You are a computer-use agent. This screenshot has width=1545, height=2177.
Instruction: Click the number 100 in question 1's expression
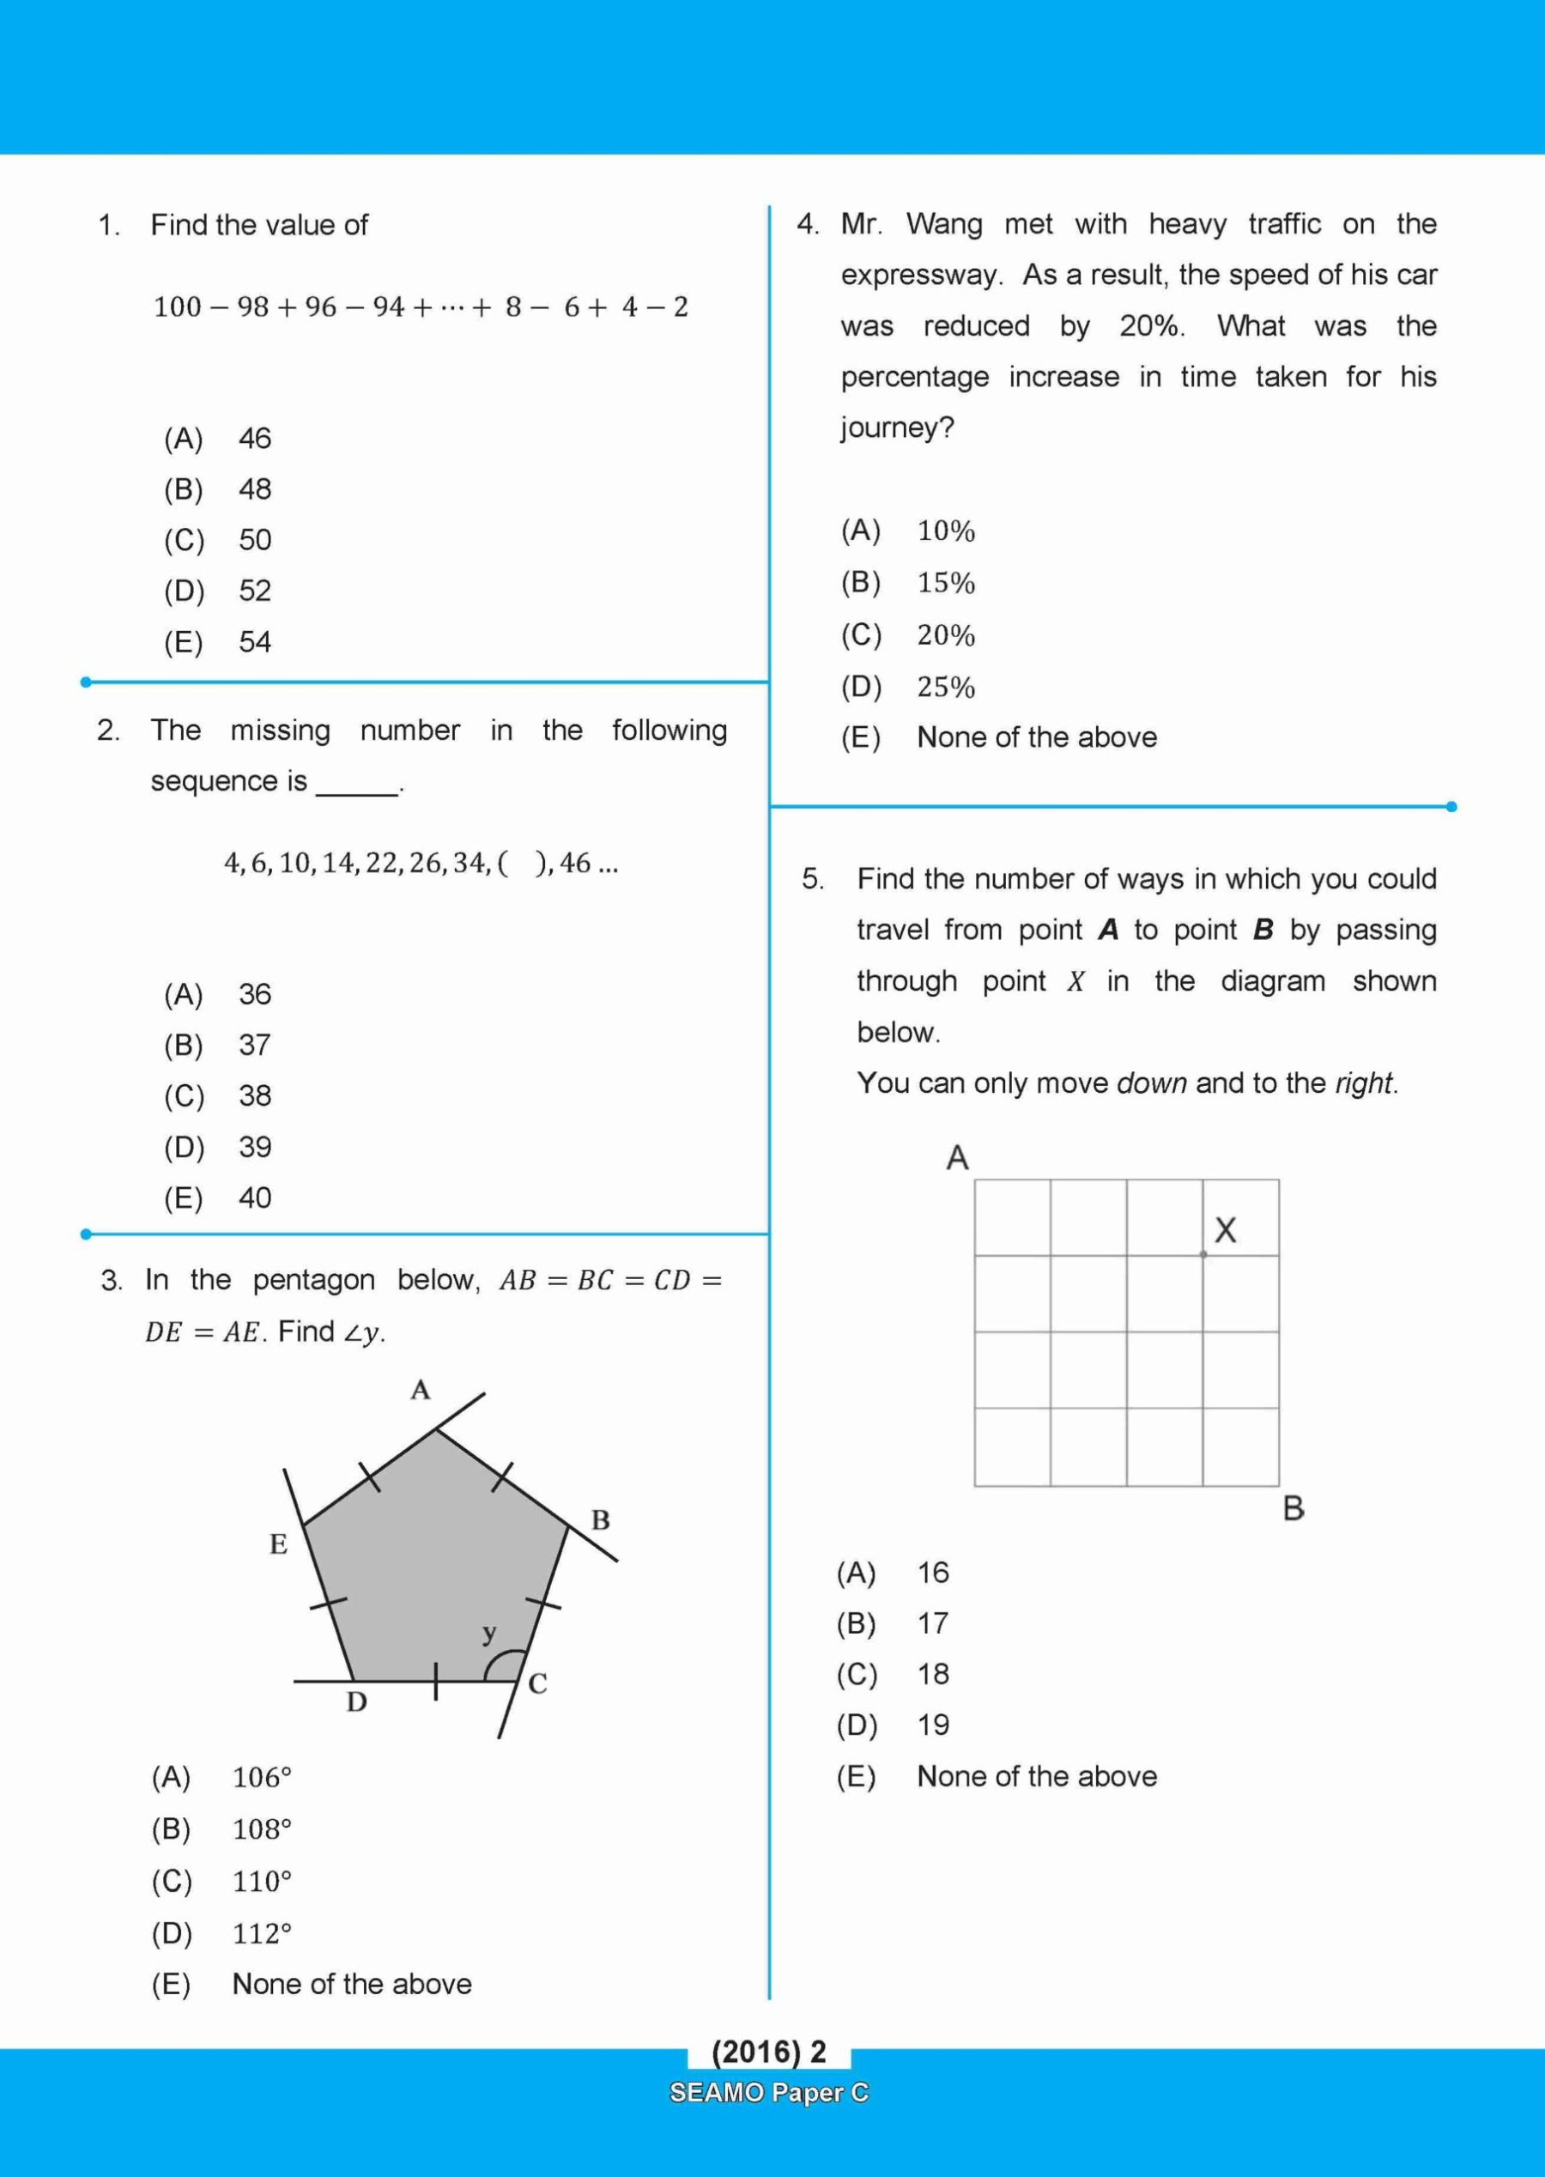[177, 307]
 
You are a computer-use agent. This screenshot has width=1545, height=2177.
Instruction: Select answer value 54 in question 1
[255, 642]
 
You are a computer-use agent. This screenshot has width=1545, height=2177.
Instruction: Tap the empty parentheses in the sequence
[521, 863]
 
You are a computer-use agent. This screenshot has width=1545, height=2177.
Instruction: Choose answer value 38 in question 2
[255, 1096]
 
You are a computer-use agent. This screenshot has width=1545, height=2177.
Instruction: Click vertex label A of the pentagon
[421, 1390]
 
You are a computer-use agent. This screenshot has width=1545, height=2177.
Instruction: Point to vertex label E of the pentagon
[278, 1543]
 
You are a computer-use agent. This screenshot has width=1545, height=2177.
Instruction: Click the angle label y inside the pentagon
[489, 1633]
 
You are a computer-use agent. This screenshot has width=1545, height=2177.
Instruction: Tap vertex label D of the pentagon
[357, 1701]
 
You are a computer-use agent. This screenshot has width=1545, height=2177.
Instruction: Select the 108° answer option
[262, 1828]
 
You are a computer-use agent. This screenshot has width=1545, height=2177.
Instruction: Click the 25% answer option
[946, 687]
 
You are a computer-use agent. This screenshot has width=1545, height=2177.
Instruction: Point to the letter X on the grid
[1226, 1230]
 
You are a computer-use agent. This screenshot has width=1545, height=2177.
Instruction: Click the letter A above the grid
[957, 1158]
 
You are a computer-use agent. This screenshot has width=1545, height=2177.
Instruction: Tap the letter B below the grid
[1293, 1508]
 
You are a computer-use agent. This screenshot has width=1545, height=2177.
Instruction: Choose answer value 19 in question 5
[933, 1725]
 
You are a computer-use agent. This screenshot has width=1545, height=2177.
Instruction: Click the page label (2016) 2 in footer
[769, 2053]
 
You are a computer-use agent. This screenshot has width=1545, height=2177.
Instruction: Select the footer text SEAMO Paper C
[769, 2092]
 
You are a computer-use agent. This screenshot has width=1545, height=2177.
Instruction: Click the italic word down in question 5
[1151, 1083]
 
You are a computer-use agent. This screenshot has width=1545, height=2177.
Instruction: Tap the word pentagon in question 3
[314, 1281]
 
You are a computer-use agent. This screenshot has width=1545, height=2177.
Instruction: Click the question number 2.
[107, 731]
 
